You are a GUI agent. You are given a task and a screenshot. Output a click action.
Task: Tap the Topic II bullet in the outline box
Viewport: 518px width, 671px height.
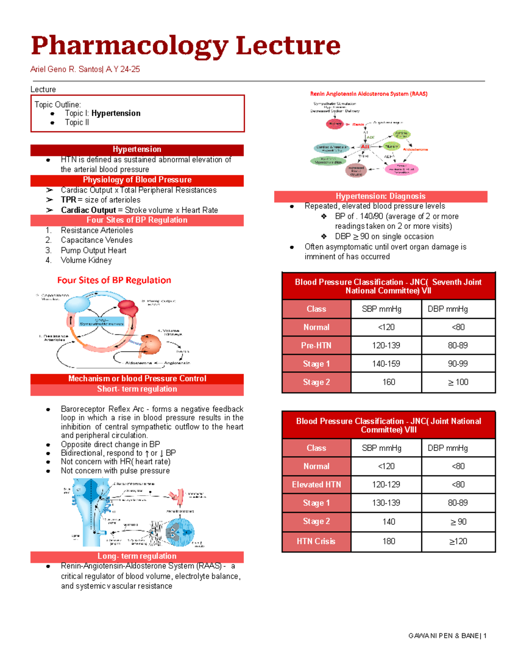pyautogui.click(x=77, y=122)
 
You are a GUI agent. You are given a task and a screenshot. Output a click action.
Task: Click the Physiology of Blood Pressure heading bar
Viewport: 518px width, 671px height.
pyautogui.click(x=137, y=180)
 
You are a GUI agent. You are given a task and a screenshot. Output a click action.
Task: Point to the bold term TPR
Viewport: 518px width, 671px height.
pyautogui.click(x=68, y=200)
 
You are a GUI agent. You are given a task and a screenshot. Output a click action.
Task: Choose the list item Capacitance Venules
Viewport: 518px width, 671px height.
pyautogui.click(x=96, y=240)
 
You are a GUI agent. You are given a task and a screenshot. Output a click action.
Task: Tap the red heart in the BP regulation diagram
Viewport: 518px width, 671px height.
pyautogui.click(x=128, y=307)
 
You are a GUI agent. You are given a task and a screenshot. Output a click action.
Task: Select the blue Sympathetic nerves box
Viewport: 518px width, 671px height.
pyautogui.click(x=101, y=321)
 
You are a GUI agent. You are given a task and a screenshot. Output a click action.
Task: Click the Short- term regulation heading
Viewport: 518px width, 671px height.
pyautogui.click(x=137, y=389)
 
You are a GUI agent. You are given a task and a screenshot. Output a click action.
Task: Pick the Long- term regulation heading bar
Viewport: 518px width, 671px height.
pyautogui.click(x=137, y=556)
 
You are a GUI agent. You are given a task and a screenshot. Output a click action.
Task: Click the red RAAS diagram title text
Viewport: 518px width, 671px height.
pyautogui.click(x=369, y=94)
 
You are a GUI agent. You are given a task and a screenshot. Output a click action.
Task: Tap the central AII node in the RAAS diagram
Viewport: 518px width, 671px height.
pyautogui.click(x=365, y=147)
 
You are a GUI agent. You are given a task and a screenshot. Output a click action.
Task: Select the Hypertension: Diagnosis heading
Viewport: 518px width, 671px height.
pyautogui.click(x=380, y=196)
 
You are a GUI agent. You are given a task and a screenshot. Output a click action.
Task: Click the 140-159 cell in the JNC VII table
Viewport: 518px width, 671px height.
pyautogui.click(x=386, y=364)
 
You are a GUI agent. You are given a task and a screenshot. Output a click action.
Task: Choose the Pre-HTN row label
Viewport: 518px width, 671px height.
pyautogui.click(x=316, y=346)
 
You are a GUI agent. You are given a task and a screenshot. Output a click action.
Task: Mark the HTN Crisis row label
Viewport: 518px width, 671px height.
pyautogui.click(x=316, y=541)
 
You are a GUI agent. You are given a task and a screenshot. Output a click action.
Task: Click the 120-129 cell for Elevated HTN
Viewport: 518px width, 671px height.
pyautogui.click(x=386, y=485)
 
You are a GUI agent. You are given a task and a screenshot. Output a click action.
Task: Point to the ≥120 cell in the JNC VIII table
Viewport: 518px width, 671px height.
pyautogui.click(x=458, y=541)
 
